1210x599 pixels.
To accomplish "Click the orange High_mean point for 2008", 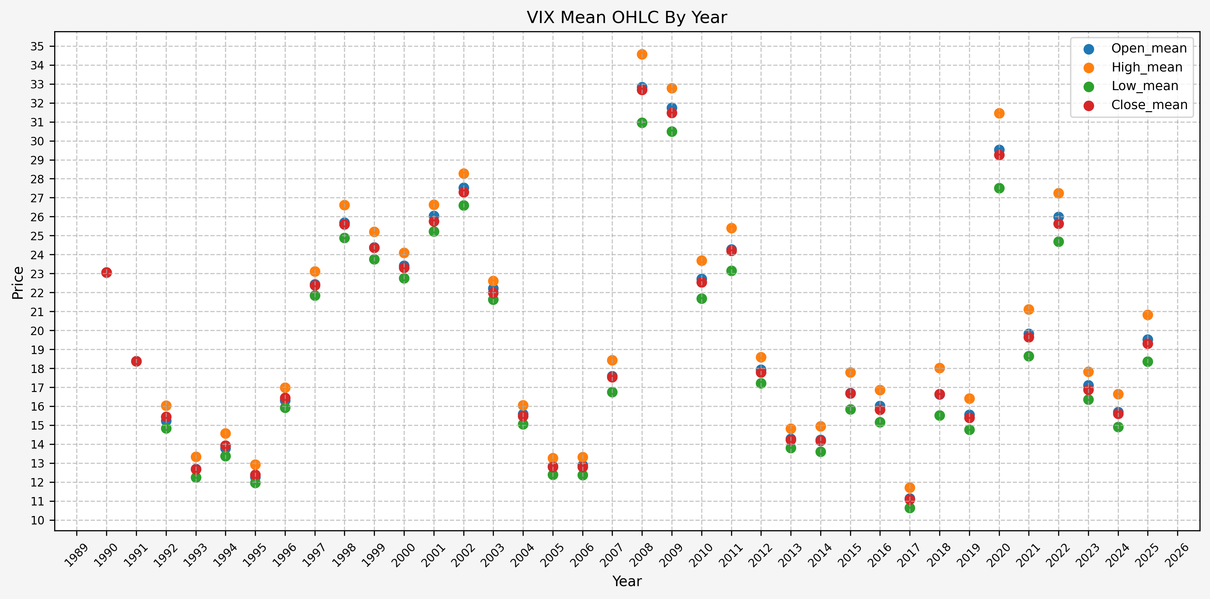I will tap(642, 55).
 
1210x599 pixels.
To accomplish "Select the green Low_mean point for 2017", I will tap(910, 508).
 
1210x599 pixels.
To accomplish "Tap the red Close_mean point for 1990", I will tap(107, 273).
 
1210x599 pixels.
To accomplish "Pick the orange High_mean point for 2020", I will tap(999, 113).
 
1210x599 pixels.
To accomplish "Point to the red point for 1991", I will tap(136, 361).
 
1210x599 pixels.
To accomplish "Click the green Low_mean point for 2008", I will tap(642, 123).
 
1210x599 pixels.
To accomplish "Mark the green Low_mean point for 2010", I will tap(702, 298).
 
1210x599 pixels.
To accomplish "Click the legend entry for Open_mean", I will tap(1148, 48).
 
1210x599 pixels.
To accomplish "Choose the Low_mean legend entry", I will tap(1145, 86).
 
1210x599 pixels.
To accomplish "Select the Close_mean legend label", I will tap(1149, 105).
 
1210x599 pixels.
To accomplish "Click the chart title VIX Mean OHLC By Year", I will tap(627, 17).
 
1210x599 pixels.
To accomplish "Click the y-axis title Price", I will tap(18, 283).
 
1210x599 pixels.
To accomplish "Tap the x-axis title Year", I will tap(627, 581).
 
